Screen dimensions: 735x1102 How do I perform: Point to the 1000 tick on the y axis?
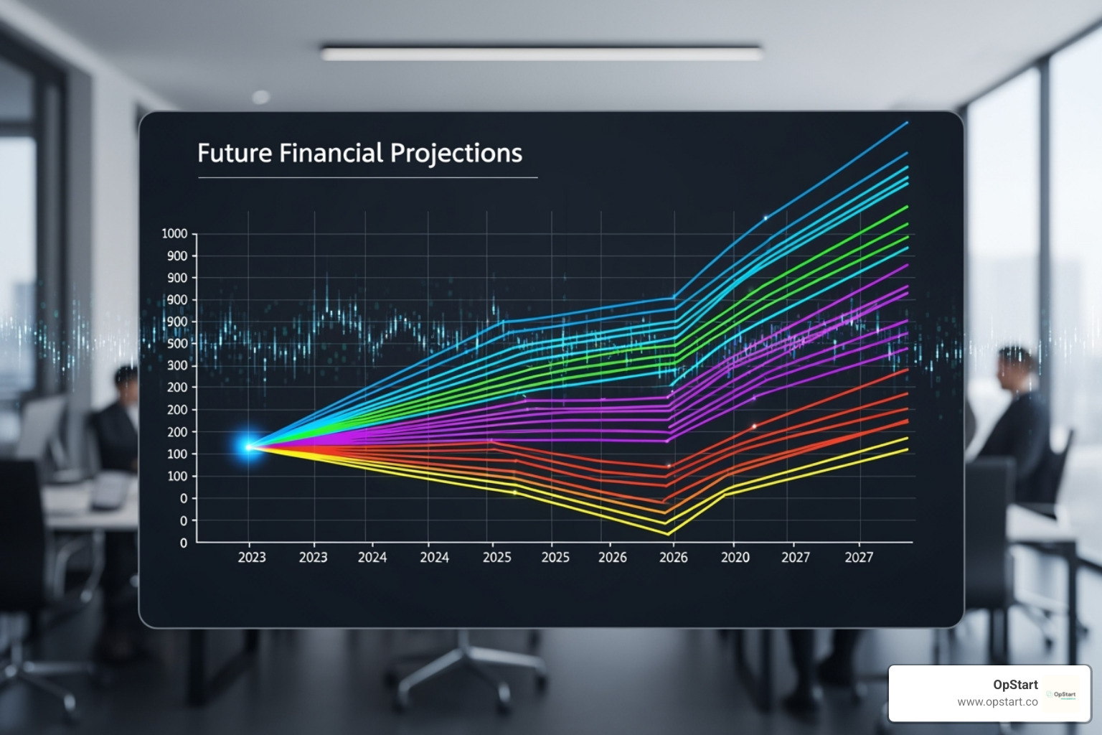[x=174, y=234]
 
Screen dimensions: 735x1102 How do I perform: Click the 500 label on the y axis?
[x=177, y=344]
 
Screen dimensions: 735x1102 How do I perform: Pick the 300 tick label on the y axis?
[x=177, y=366]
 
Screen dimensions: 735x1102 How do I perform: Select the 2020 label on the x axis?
[x=735, y=558]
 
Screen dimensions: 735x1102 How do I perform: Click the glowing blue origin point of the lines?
[x=248, y=446]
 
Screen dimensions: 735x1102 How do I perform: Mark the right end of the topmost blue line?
[x=907, y=123]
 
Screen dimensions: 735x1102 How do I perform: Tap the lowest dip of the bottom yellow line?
[x=668, y=534]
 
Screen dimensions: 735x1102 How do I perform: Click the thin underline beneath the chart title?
[x=367, y=177]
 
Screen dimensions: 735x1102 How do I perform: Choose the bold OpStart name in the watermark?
[x=1014, y=685]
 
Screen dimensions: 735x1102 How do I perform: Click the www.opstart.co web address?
[x=997, y=702]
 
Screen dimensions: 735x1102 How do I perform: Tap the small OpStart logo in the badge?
[x=1063, y=694]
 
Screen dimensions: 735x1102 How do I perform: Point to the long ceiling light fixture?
[x=542, y=52]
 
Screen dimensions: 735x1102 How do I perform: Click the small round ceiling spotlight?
[x=260, y=97]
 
